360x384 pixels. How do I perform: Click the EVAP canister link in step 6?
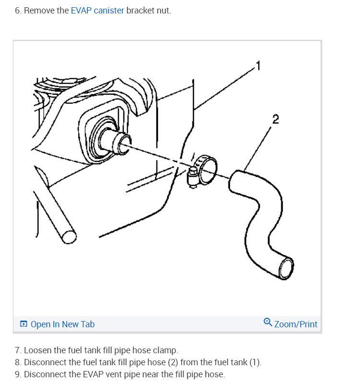[x=97, y=10]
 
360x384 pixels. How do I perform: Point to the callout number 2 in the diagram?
[x=275, y=119]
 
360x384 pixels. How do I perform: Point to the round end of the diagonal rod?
[x=69, y=237]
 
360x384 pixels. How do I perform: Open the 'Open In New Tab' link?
[x=62, y=324]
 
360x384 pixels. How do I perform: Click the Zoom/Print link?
[x=296, y=324]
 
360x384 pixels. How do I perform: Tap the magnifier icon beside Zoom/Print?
[x=268, y=322]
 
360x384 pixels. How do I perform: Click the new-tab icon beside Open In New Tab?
[x=24, y=324]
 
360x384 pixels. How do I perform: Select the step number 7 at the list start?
[x=17, y=350]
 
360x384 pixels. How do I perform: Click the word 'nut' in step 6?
[x=163, y=10]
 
